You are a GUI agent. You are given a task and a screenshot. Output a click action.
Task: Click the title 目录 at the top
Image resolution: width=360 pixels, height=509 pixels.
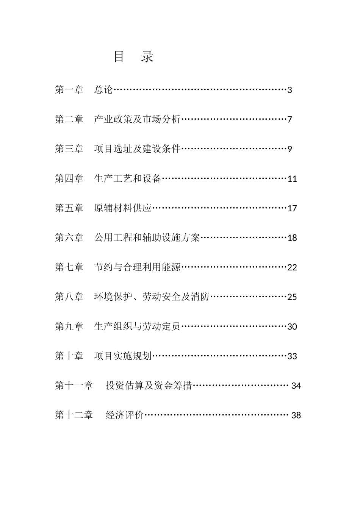click(x=134, y=57)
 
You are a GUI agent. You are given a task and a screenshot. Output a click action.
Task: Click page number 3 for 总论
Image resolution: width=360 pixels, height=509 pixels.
click(x=290, y=90)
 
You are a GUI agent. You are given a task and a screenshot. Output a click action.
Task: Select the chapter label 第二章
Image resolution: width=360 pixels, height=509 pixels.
click(x=69, y=119)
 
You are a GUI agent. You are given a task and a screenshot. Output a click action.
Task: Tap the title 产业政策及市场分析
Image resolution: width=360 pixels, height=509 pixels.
click(x=137, y=119)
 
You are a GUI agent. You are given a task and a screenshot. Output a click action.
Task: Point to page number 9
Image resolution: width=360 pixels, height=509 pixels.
click(x=290, y=149)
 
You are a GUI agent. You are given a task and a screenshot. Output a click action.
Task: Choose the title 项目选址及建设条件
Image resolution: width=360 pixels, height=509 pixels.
click(x=137, y=149)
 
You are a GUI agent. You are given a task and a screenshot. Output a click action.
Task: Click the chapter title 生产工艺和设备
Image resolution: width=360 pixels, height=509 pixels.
click(x=128, y=178)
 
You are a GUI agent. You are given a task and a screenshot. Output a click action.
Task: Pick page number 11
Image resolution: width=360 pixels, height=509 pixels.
click(x=292, y=179)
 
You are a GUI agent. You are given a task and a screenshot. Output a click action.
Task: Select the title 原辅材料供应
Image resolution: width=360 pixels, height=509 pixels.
click(x=123, y=208)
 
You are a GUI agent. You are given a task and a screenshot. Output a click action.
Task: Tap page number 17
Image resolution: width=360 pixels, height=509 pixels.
click(x=292, y=208)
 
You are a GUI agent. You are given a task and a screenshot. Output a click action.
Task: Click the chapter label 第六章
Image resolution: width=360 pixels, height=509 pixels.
click(x=69, y=237)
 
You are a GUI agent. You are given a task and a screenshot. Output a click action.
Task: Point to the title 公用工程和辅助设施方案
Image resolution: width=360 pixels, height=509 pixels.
click(x=147, y=237)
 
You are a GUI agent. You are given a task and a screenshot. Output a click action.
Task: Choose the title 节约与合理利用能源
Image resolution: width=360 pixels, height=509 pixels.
click(x=137, y=267)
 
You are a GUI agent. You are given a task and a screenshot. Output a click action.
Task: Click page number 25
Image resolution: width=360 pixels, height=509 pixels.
click(x=292, y=297)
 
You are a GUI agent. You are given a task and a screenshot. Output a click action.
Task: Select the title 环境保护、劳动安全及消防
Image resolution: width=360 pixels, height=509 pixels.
click(x=152, y=297)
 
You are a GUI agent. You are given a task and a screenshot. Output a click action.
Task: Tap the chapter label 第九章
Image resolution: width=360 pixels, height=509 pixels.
click(x=69, y=326)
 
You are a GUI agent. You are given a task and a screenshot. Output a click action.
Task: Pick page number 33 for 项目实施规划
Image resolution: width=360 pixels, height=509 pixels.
click(x=292, y=356)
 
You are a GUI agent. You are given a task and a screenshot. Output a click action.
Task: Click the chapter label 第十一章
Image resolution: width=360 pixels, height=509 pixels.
click(x=74, y=386)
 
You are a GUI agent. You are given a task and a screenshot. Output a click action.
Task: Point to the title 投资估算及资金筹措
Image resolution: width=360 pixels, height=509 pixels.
click(x=149, y=386)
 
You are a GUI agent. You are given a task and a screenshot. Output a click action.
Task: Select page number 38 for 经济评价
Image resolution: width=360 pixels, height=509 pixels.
click(x=296, y=415)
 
